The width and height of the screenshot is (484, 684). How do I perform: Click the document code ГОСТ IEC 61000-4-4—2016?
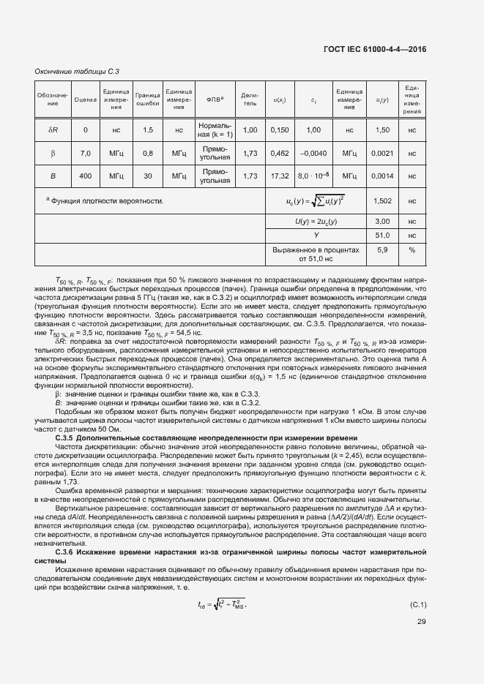(374, 49)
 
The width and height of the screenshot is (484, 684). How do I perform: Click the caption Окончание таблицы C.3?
(77, 72)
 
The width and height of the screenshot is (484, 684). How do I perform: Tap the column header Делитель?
(250, 99)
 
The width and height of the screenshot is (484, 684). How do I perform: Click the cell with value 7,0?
(86, 153)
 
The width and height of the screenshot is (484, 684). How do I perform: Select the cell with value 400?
(86, 176)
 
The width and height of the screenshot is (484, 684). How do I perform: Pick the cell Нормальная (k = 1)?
(215, 129)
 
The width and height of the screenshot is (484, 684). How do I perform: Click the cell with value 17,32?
(280, 176)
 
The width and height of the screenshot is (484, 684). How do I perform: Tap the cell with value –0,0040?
(313, 153)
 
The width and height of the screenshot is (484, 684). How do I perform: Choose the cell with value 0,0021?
(381, 153)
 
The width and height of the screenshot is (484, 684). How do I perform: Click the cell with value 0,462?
(280, 153)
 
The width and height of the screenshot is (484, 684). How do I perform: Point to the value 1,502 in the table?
(381, 200)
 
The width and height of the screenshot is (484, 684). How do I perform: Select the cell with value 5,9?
(381, 249)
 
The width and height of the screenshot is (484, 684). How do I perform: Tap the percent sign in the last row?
(412, 249)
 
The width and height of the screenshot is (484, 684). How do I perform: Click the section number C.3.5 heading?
(68, 437)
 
